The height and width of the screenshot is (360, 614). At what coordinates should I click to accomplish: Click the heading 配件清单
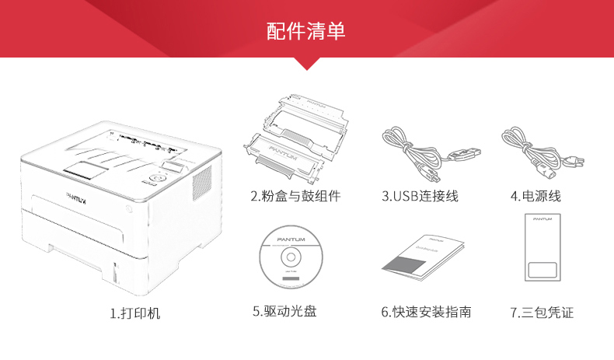pyautogui.click(x=306, y=32)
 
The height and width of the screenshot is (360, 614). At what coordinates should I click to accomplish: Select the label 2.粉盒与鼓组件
pyautogui.click(x=295, y=196)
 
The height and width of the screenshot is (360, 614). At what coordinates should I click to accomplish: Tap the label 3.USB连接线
pyautogui.click(x=420, y=196)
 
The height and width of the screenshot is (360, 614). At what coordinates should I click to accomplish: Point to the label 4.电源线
pyautogui.click(x=536, y=196)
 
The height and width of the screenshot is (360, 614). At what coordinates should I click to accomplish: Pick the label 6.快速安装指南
pyautogui.click(x=426, y=312)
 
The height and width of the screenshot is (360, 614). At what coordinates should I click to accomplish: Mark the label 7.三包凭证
pyautogui.click(x=542, y=312)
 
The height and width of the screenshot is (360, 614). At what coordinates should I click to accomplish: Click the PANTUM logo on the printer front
pyautogui.click(x=77, y=197)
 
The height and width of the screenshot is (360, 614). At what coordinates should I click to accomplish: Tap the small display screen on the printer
pyautogui.click(x=176, y=166)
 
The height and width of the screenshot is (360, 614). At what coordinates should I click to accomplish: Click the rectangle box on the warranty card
pyautogui.click(x=542, y=271)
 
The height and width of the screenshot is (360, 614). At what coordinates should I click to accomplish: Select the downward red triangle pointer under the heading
pyautogui.click(x=307, y=64)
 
